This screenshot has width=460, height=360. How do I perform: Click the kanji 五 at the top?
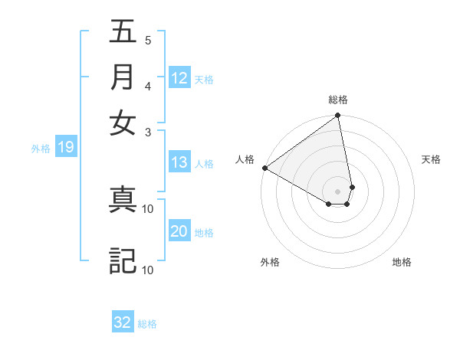123,32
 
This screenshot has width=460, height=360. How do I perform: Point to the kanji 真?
123,199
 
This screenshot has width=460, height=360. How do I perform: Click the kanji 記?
123,260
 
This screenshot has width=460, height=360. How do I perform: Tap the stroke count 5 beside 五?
148,41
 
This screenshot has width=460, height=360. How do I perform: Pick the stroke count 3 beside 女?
149,132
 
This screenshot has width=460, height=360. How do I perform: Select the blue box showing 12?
179,78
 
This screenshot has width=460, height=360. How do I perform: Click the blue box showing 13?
179,162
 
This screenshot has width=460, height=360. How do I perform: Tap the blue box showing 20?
179,232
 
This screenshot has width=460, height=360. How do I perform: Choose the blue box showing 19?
66,148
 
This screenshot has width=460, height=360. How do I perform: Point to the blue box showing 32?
123,322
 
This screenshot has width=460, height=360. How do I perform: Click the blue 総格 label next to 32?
147,324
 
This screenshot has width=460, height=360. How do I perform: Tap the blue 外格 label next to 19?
41,149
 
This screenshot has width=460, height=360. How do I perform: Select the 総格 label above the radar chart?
338,100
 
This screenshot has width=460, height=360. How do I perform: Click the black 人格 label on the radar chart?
245,159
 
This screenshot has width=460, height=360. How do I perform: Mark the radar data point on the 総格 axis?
337,116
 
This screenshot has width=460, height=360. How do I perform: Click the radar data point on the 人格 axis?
264,168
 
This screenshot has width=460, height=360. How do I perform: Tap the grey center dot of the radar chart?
338,190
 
